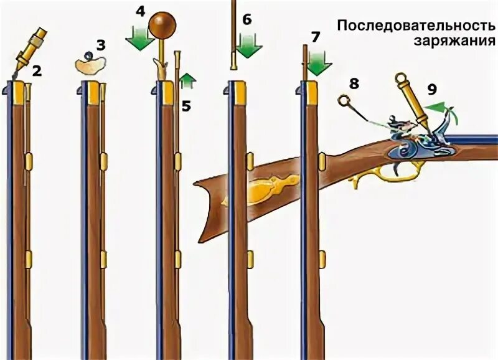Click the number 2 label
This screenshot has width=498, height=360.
[37, 71]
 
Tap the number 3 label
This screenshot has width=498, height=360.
[101, 45]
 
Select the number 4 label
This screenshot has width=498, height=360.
[141, 12]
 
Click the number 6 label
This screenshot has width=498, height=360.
[247, 19]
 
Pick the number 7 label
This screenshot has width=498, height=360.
[316, 36]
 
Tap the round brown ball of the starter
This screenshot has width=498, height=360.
[162, 26]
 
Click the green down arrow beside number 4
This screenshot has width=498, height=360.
[140, 39]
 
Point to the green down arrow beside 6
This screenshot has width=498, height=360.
[247, 45]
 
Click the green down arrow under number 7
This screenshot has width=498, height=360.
[319, 62]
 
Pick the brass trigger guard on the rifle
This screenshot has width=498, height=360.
[377, 177]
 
